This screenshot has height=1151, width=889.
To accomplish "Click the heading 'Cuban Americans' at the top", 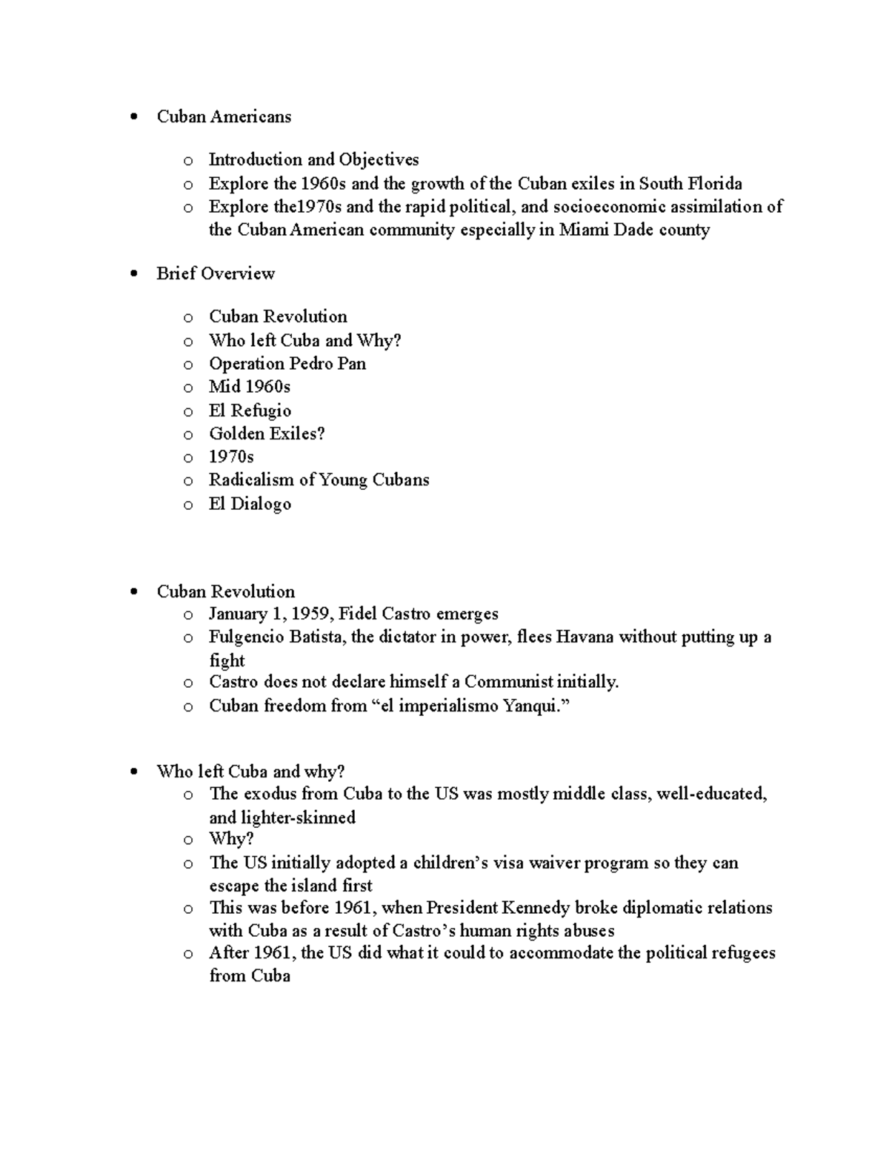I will pos(224,116).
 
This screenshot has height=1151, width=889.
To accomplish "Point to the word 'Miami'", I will pos(581,230).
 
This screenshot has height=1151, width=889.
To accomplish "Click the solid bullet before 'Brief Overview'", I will pos(133,274).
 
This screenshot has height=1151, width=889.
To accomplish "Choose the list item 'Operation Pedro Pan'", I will pos(287,364).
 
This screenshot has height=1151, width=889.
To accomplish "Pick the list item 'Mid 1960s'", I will pos(250,387).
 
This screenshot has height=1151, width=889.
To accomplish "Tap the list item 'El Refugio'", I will pos(250,411).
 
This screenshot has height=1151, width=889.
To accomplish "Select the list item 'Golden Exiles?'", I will pos(267,434).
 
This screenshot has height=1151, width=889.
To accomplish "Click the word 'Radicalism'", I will pos(251,480).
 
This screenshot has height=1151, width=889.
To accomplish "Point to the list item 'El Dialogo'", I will pos(250,504).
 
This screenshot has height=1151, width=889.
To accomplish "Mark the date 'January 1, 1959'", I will pos(270,614).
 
